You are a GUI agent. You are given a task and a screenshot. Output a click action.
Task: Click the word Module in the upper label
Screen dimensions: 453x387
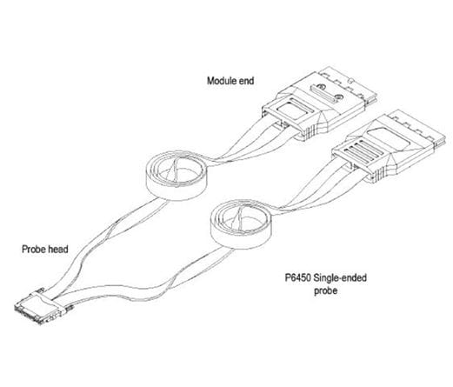[x=222, y=81]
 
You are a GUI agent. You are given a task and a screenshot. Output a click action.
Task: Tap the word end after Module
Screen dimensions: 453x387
[x=246, y=81]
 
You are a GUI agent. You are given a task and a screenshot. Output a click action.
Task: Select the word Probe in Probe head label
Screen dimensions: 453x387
[x=32, y=249]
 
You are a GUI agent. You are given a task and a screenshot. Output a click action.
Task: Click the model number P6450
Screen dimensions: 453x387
[x=298, y=277]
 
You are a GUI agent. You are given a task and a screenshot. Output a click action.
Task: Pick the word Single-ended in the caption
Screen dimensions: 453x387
[x=340, y=277]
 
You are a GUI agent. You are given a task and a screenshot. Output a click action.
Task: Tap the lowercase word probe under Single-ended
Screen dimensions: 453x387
[x=326, y=290]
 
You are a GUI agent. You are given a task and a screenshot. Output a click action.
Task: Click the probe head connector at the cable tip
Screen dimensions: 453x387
[x=41, y=307]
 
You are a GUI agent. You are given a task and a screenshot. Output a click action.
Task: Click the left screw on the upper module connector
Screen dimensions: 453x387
[x=320, y=86]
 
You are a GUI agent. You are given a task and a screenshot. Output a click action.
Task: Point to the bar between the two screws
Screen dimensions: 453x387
[x=323, y=93]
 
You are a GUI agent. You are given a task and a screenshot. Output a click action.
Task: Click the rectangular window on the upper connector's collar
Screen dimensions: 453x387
[x=291, y=110]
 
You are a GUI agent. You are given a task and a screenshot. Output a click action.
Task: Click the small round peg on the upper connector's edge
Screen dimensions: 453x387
[x=351, y=80]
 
